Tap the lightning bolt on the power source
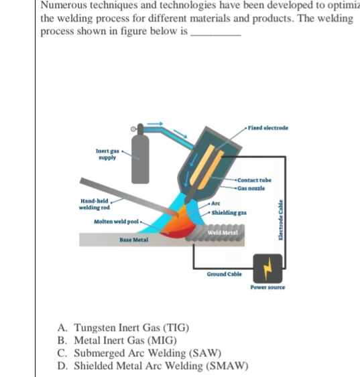267,269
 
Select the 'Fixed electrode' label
268,128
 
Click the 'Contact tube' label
254,180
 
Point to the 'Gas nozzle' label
251,188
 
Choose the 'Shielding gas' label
229,213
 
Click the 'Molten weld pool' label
116,222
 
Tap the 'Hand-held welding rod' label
95,204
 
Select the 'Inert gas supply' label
107,154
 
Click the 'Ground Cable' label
225,274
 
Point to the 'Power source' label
267,287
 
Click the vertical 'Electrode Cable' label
280,220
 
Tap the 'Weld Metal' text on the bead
223,233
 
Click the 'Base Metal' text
134,240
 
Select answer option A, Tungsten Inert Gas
123,327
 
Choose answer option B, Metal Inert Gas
117,340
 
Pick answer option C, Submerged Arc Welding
139,353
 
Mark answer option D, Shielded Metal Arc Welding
153,366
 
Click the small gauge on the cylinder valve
133,129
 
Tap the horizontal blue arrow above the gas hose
155,124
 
